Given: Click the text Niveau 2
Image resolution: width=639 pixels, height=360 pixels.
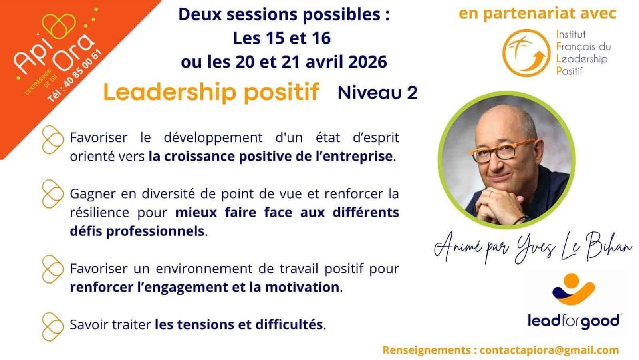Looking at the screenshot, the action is [377, 93].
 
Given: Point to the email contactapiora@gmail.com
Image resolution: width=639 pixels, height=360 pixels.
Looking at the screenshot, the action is [549, 350].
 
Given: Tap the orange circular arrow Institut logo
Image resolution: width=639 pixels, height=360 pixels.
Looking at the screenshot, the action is [526, 53].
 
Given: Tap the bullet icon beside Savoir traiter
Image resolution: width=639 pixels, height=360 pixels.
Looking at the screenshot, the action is [52, 326].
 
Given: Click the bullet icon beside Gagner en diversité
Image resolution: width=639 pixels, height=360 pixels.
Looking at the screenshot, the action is [52, 194].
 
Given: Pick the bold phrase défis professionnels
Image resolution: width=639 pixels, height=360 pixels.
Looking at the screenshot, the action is [137, 231].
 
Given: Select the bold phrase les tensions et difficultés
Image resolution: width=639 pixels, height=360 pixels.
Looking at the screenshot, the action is [239, 324].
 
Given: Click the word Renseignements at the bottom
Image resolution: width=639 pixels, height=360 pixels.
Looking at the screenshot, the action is [427, 350].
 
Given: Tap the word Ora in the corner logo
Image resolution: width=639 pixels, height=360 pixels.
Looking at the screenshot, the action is [75, 53].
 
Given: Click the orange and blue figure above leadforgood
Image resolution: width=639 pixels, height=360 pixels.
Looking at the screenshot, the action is [574, 289].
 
